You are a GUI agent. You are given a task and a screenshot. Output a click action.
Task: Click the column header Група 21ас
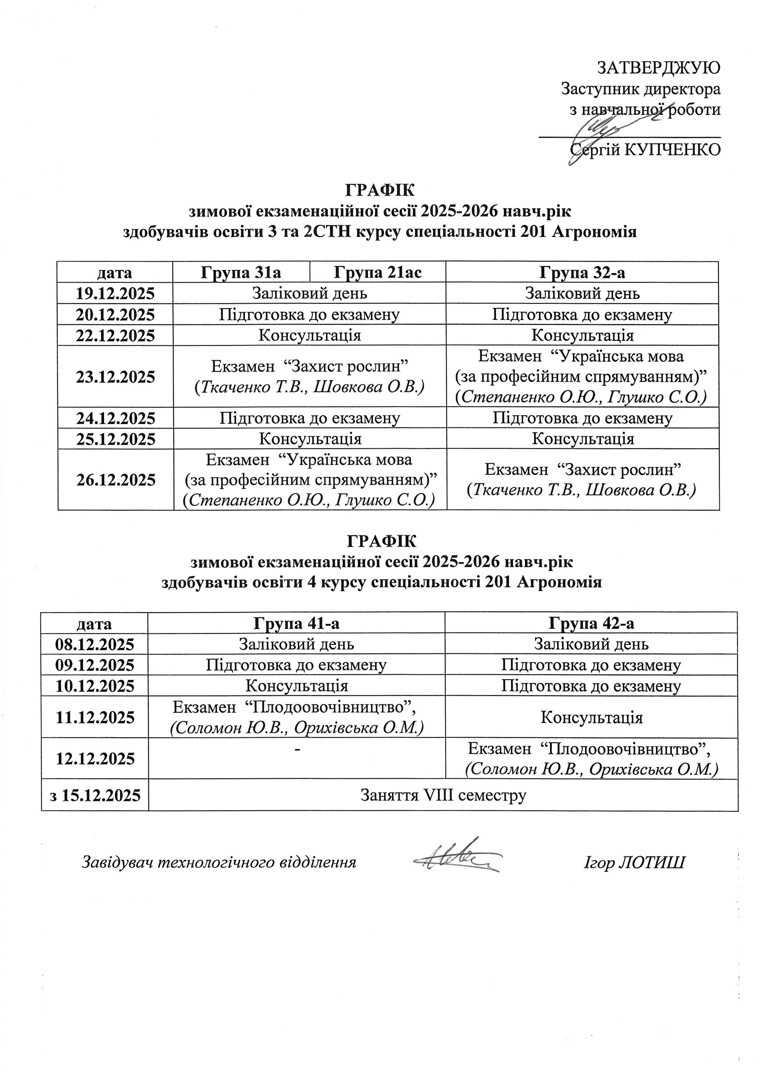pos(377,272)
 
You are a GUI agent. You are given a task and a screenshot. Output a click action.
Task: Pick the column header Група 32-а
pos(582,272)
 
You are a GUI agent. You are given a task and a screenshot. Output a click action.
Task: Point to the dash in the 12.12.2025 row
pos(297,750)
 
